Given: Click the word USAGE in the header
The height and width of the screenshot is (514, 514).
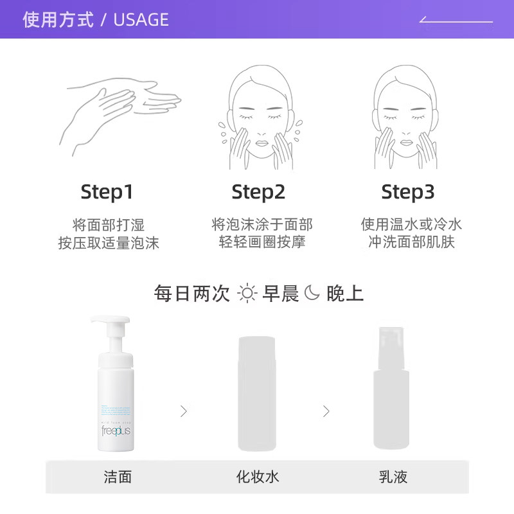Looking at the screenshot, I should pos(141,19).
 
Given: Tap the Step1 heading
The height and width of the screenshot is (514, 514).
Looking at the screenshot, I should pos(107,191).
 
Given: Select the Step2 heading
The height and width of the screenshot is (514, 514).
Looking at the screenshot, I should pos(258,191).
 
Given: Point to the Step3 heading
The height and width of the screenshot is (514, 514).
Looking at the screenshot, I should pos(408,191).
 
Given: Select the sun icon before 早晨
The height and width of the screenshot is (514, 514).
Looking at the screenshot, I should pos(247,294).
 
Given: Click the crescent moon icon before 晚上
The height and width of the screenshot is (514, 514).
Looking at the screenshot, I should pos(312,293).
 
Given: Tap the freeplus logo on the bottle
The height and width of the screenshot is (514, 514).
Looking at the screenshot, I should pos(116,430).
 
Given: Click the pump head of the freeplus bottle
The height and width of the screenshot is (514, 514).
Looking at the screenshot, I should pos(111,328).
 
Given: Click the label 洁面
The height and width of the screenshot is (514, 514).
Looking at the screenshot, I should pos(118,476).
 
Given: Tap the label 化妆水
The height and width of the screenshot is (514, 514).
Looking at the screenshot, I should pos(258,476).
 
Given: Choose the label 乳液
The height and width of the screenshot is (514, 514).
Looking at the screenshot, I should pos(393,476).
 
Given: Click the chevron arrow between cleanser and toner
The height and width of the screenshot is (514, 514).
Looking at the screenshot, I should pos(184,411).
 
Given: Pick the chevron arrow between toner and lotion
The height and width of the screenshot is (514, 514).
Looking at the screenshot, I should pos(326,411).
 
